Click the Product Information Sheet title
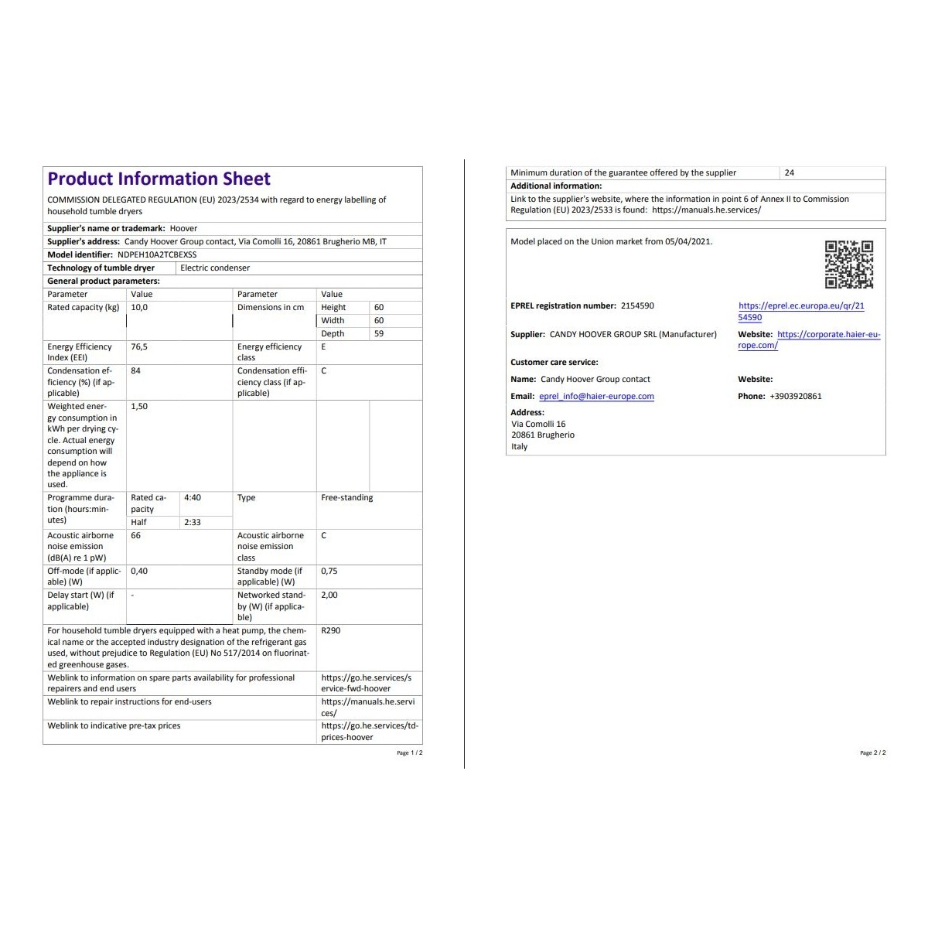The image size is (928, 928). point(159,179)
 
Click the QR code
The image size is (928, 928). point(848,264)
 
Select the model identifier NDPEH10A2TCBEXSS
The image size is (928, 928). point(157,254)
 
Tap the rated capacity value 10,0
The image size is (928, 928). point(139,308)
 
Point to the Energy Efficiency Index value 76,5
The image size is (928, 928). point(139,347)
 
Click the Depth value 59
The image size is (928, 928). point(379,334)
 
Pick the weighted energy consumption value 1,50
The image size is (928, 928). point(139,407)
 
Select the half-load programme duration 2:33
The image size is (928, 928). point(193,523)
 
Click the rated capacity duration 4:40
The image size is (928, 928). point(193,498)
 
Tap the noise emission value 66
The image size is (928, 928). point(136,536)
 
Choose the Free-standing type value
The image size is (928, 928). point(346,498)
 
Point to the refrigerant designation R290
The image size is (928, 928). point(330,631)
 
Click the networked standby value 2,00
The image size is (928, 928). point(329,595)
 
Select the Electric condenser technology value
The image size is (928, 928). point(215,268)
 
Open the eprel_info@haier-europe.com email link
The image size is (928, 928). point(596,397)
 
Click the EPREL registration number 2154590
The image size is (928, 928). point(637,306)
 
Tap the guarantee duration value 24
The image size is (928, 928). point(789,173)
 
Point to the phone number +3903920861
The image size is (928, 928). point(796,397)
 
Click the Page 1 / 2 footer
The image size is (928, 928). point(410,753)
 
